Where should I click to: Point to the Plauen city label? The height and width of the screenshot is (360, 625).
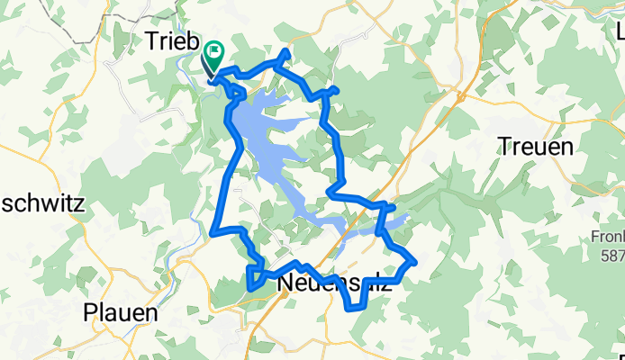tap(120, 314)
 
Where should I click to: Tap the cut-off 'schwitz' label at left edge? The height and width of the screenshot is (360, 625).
tap(41, 203)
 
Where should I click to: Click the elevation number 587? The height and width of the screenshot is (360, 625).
tap(613, 256)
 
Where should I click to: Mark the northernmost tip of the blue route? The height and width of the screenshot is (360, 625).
tap(286, 52)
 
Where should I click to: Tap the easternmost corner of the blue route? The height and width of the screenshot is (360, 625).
tap(415, 261)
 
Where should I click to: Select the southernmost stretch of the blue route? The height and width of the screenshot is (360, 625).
tap(357, 309)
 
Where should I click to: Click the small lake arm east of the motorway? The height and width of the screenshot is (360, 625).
tap(396, 220)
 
